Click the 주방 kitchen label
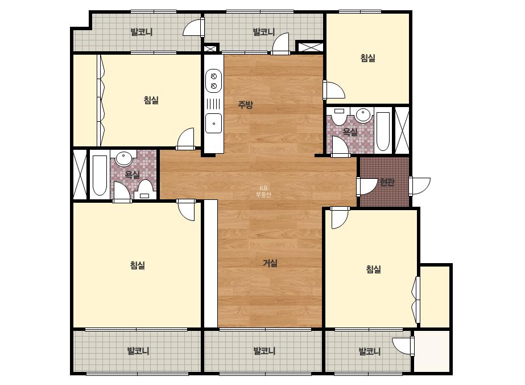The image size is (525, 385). (245, 105)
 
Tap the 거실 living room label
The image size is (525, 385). (270, 263)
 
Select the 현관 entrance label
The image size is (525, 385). (387, 182)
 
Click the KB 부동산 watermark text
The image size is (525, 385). (263, 191)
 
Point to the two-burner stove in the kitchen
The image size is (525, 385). (214, 81)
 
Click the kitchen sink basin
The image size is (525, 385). (214, 123)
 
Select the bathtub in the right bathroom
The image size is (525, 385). (383, 132)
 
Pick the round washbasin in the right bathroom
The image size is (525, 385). (363, 114)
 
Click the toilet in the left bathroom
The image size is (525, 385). (145, 190)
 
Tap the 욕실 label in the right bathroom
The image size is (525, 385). (350, 132)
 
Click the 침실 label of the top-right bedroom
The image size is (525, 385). (367, 58)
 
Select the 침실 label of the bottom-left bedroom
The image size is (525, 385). (138, 265)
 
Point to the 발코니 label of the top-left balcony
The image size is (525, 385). (142, 32)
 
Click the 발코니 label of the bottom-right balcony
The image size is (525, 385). (370, 351)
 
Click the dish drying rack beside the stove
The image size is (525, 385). (214, 103)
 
